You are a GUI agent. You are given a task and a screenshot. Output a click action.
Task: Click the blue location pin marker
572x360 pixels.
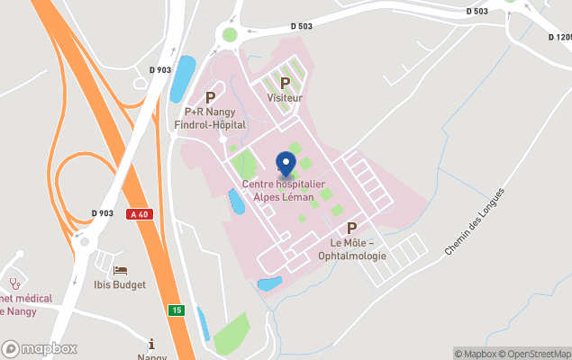click(x=286, y=163)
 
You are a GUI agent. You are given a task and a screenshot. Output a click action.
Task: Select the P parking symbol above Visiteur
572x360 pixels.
click(x=285, y=84)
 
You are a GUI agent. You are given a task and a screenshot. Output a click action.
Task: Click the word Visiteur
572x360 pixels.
click(x=285, y=97)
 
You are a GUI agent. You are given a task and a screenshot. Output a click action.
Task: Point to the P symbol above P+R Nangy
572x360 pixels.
click(x=211, y=97)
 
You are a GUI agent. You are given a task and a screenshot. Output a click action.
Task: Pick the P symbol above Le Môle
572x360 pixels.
click(x=352, y=229)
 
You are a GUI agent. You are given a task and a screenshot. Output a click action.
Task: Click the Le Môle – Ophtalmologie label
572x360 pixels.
click(x=358, y=249)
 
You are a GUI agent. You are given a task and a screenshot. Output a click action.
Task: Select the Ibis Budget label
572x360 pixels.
click(x=120, y=285)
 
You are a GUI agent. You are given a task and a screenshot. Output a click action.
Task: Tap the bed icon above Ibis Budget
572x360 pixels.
click(x=120, y=270)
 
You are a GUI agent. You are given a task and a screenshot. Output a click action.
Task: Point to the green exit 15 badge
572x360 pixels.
click(x=177, y=310)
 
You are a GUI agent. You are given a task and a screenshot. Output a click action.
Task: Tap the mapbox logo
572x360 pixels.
click(x=40, y=348)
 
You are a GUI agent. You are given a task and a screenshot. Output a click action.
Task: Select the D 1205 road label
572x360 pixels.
click(x=559, y=37)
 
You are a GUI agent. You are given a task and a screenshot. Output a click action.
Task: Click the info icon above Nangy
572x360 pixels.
click(x=151, y=343)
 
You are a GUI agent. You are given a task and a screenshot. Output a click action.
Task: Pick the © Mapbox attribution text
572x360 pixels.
click(x=475, y=354)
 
